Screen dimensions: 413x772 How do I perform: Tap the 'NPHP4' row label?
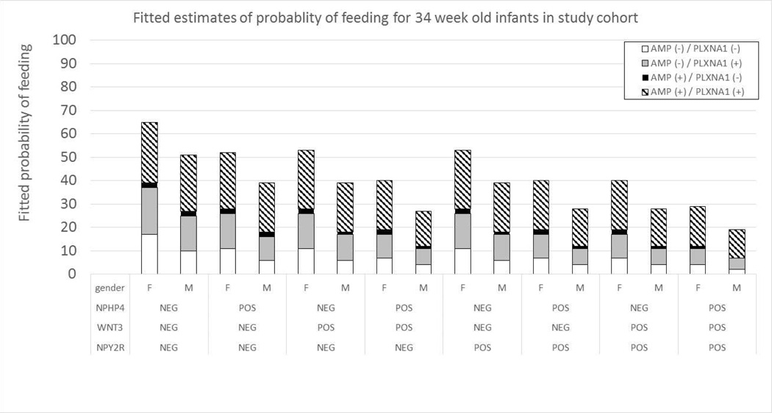point(109,308)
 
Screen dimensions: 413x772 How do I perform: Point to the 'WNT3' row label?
point(109,327)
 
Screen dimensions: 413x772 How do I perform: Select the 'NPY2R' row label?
point(109,347)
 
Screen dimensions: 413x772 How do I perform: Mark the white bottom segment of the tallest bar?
point(149,254)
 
